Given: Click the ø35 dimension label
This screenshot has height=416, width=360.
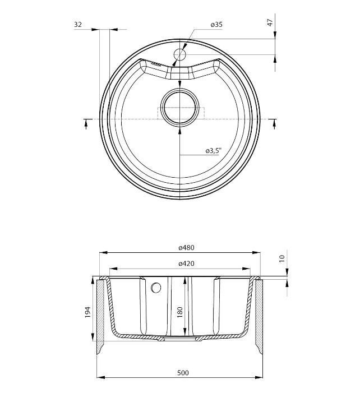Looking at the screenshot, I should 216,25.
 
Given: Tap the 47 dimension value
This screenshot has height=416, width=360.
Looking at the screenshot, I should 270,22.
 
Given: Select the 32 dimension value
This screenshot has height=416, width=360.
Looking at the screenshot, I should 78,25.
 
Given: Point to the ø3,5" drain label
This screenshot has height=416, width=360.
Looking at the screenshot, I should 214,151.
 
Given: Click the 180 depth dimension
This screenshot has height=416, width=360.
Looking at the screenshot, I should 180,312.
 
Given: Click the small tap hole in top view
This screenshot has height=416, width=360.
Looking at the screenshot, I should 179,54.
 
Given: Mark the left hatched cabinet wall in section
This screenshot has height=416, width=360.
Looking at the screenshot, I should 101,314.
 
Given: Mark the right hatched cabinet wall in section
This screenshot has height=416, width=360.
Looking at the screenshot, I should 260,314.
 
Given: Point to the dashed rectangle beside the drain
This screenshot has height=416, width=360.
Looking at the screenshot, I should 201,113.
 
